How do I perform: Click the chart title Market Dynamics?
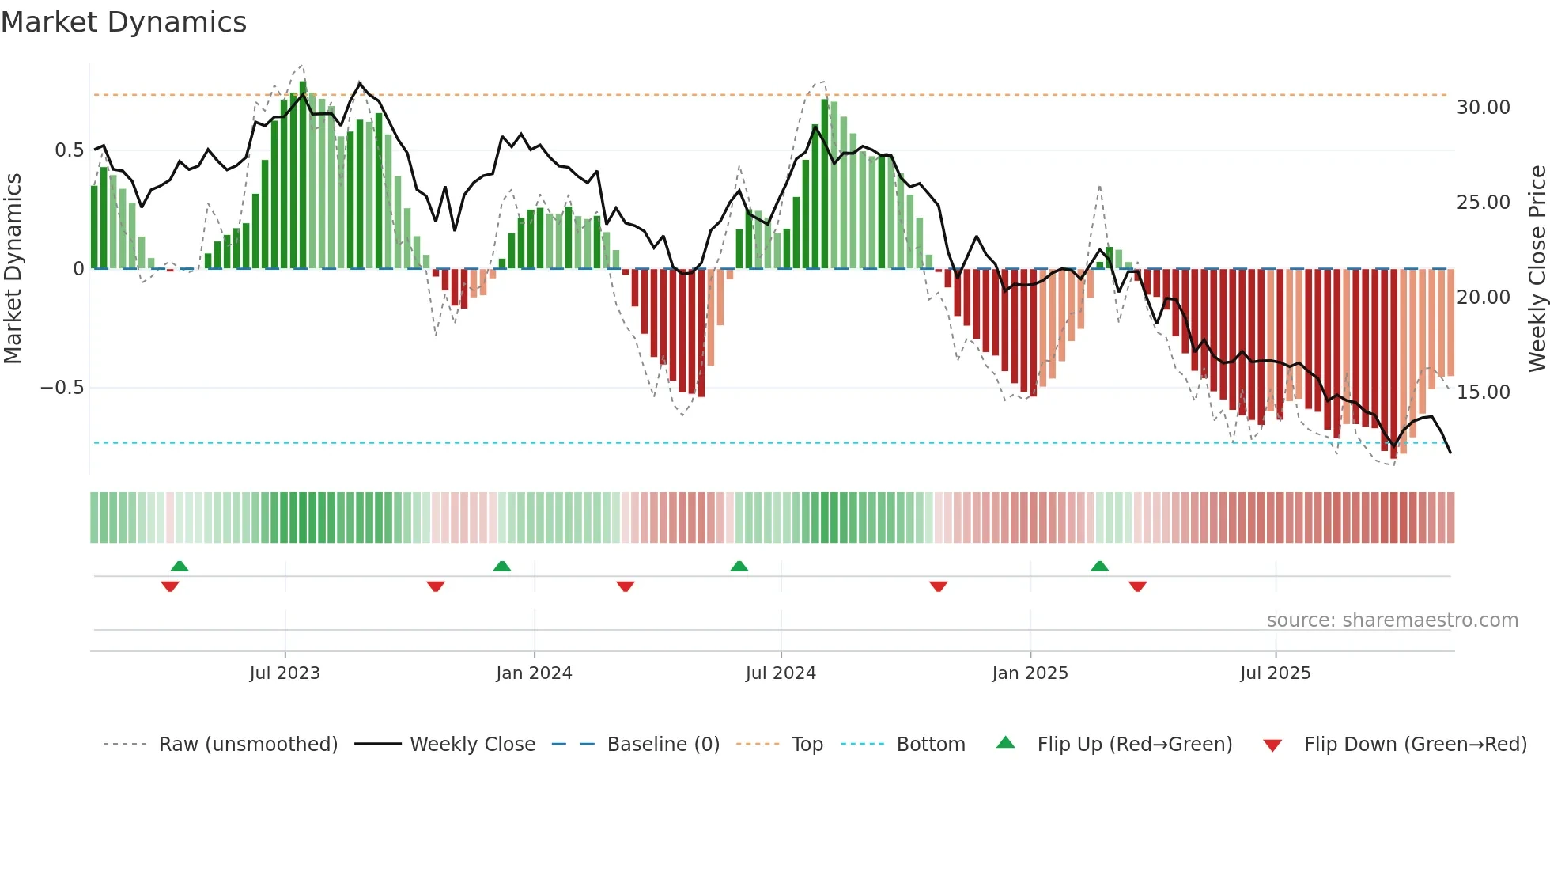(x=123, y=22)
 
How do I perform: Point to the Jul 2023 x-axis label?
(x=285, y=673)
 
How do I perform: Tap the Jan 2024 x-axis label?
(x=534, y=673)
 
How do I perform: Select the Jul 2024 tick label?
(x=781, y=673)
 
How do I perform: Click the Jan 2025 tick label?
(x=1030, y=673)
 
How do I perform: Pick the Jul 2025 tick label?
(x=1275, y=673)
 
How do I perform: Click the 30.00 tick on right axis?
(x=1483, y=108)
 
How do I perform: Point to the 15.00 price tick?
(x=1483, y=392)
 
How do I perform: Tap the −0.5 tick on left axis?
(x=62, y=388)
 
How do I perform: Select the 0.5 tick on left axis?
(x=69, y=150)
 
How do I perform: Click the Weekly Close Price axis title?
(x=1537, y=269)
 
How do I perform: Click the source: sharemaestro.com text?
(x=1392, y=620)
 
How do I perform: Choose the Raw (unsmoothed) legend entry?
(x=248, y=745)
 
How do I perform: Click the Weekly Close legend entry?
(x=472, y=745)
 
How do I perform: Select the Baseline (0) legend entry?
(x=663, y=745)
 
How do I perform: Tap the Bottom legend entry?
(x=930, y=745)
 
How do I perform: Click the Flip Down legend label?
(x=1415, y=745)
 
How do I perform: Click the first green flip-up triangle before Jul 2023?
(x=180, y=566)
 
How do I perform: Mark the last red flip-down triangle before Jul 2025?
(x=1138, y=586)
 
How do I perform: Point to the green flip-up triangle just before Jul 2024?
(x=739, y=566)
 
